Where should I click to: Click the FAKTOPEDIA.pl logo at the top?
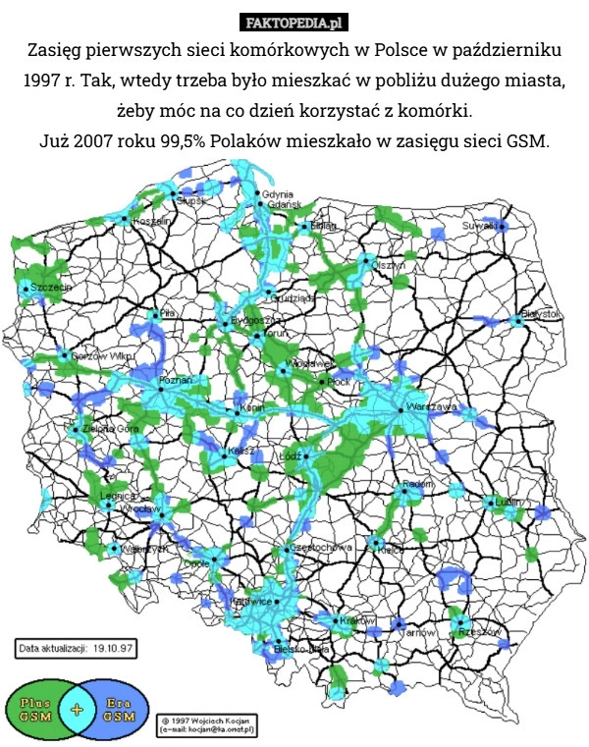(x=294, y=22)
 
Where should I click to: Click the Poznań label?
(x=175, y=379)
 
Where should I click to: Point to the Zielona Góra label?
(x=110, y=428)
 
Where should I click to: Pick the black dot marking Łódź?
(x=306, y=456)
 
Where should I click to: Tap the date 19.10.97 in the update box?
(x=115, y=649)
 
